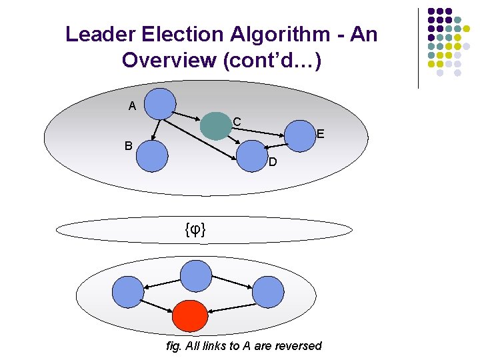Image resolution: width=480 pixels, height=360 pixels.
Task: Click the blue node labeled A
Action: pos(160,103)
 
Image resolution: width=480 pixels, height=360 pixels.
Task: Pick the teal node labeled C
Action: pos(215,126)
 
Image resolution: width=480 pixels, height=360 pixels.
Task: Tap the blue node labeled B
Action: pos(152,157)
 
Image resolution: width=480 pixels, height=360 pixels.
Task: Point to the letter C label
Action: pos(237,122)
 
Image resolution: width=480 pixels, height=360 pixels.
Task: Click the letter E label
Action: pos(320,135)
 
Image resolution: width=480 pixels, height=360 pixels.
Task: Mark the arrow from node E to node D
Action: pos(275,146)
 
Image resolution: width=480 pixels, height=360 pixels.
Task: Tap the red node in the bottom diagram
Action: pos(191,316)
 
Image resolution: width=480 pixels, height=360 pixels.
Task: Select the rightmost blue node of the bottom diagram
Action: pos(268,292)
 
